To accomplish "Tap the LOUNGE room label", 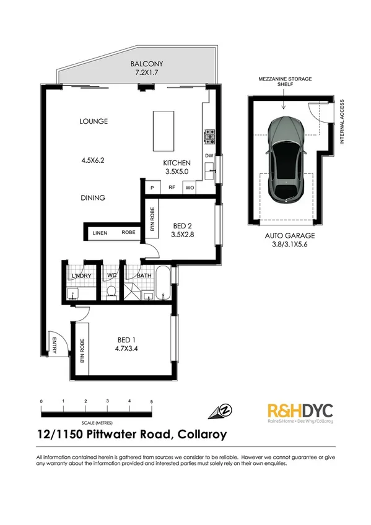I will [x=94, y=121].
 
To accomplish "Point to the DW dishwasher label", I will [x=209, y=155].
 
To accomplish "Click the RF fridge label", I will [x=172, y=186].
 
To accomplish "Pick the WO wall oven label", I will [x=190, y=186].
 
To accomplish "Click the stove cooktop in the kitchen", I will [x=209, y=133].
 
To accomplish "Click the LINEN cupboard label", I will [x=99, y=233].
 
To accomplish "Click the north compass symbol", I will [x=224, y=411].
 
